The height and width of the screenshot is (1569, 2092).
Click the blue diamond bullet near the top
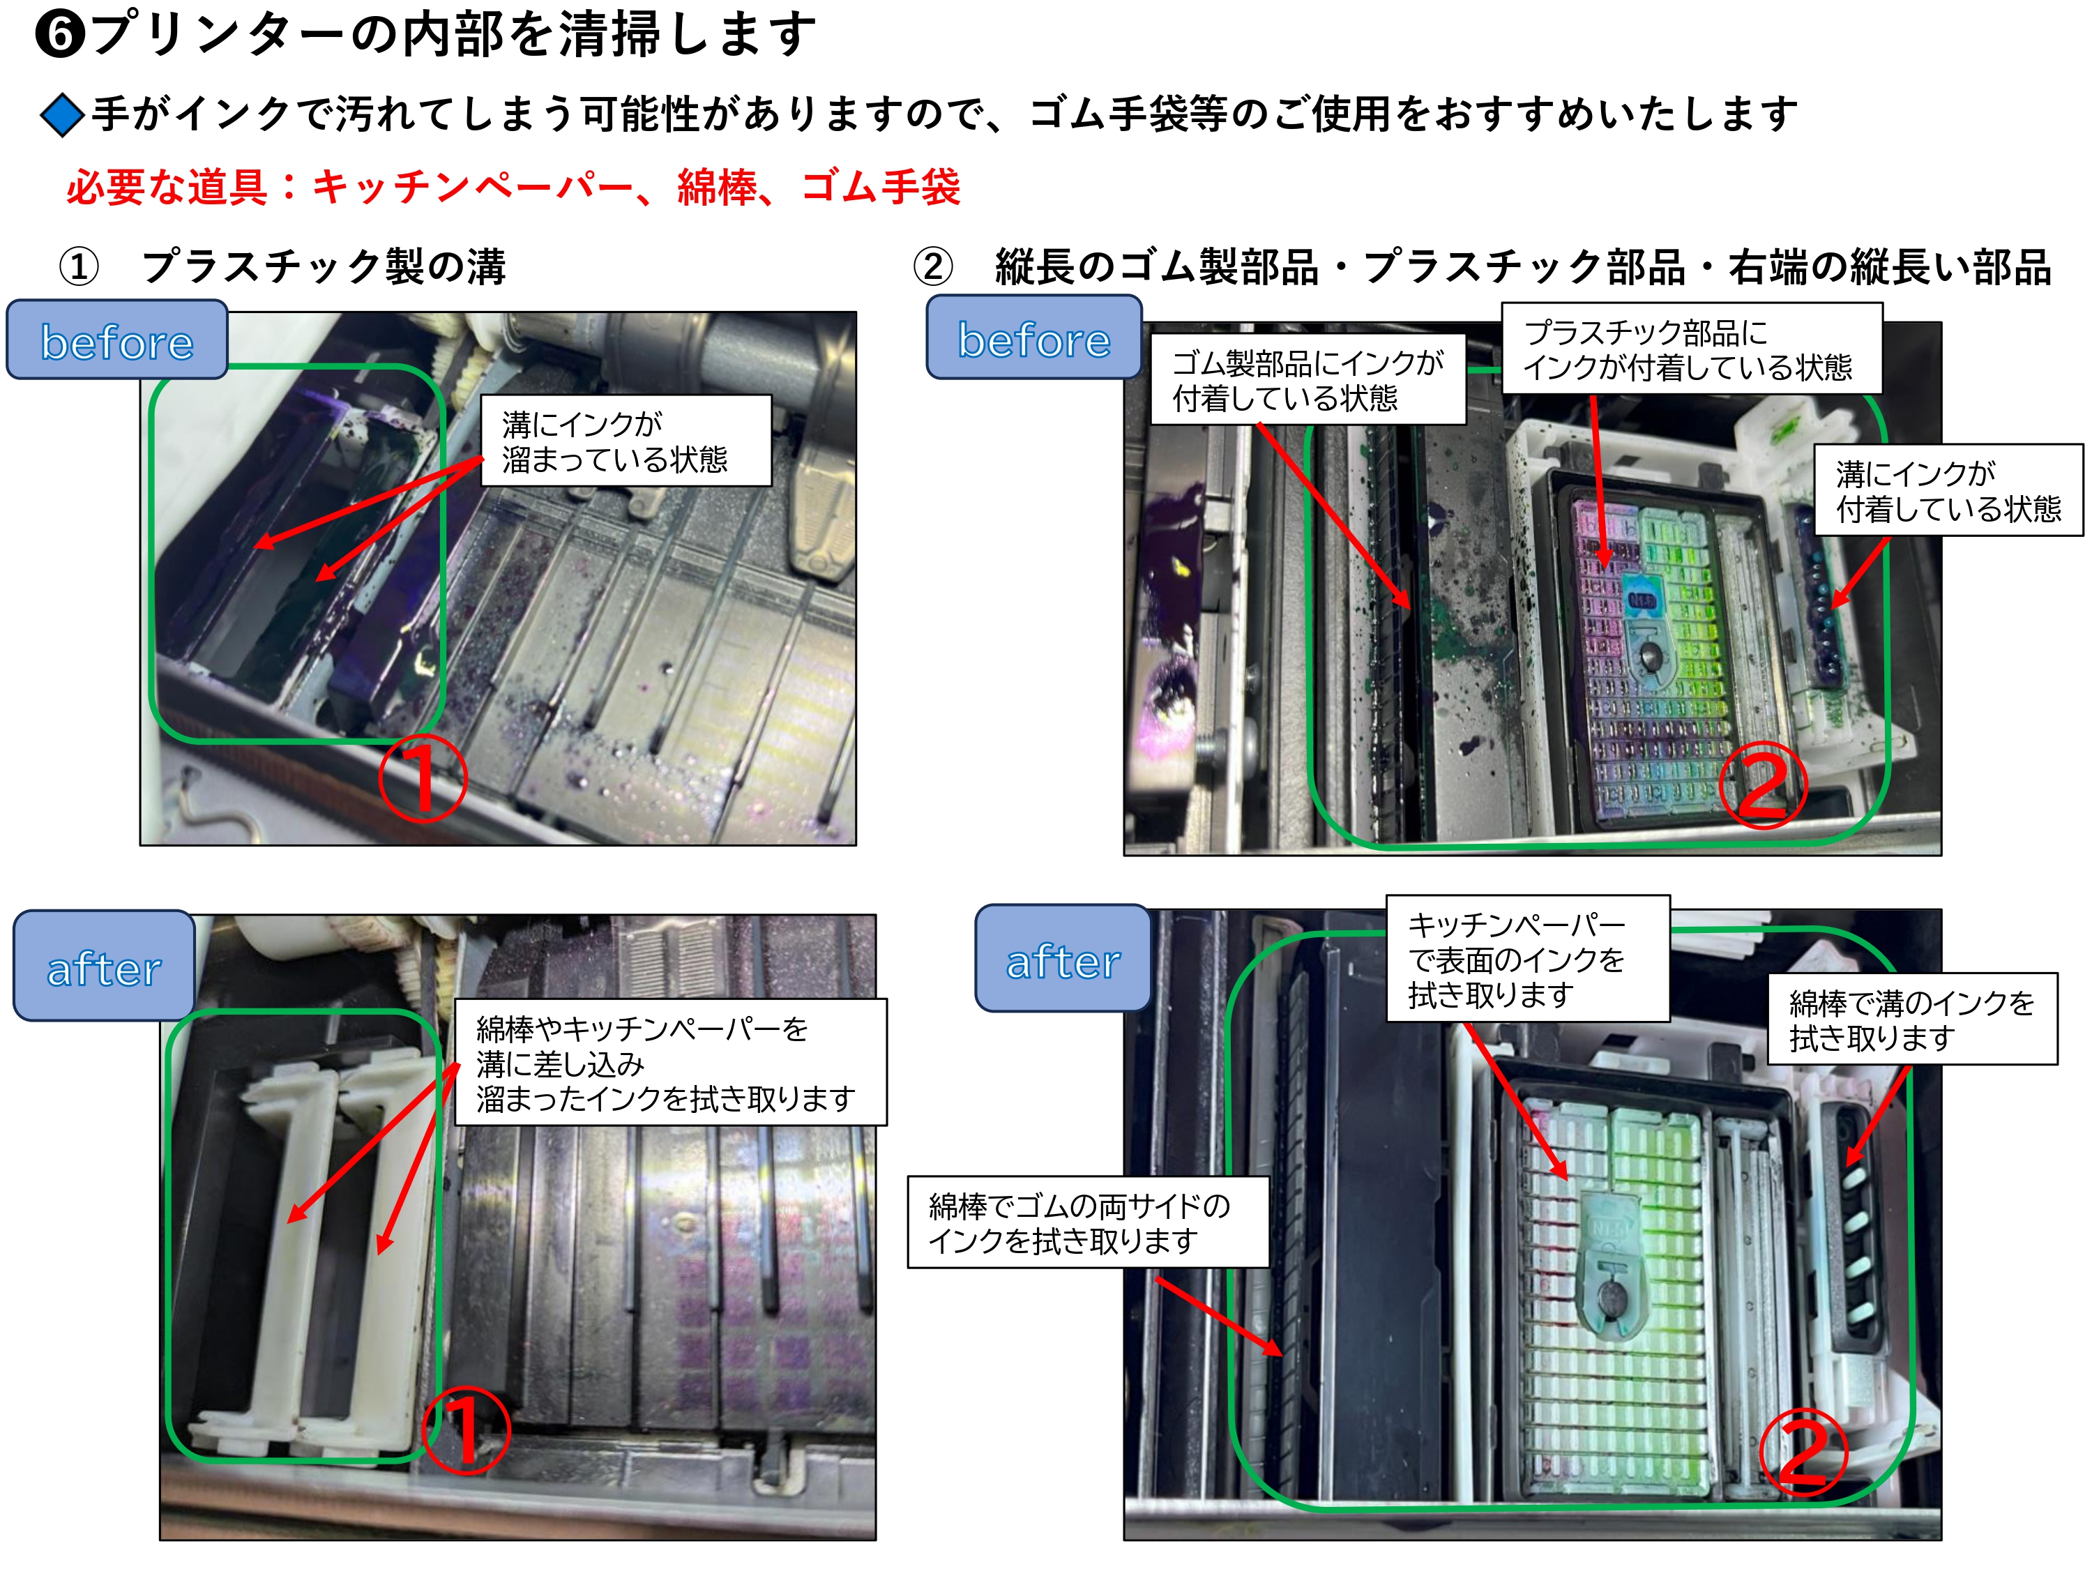click(x=63, y=115)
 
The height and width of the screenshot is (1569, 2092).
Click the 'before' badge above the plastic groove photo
click(x=117, y=340)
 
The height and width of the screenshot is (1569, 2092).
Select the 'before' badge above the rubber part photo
click(x=1033, y=338)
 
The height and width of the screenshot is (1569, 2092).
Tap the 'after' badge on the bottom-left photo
click(x=104, y=967)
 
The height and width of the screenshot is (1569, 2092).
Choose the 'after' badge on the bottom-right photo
click(x=1063, y=959)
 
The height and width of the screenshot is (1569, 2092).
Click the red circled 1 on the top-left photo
click(x=423, y=778)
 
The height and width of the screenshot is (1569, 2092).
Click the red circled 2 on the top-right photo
click(x=1763, y=786)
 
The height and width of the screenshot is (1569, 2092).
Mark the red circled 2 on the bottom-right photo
click(x=1803, y=1453)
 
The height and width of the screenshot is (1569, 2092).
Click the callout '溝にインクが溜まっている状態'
click(x=626, y=441)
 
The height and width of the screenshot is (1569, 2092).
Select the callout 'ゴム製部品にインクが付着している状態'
click(x=1307, y=379)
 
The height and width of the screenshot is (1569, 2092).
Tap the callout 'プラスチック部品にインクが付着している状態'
click(x=1692, y=349)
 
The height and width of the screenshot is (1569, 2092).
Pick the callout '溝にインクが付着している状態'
click(x=1948, y=490)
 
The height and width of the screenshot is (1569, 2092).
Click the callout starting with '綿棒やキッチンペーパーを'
click(x=671, y=1062)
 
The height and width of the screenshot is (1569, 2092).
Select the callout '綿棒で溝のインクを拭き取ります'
click(x=1912, y=1019)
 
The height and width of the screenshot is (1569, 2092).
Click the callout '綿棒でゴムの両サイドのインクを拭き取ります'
click(x=1088, y=1222)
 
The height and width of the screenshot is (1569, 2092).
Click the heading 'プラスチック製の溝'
click(x=324, y=266)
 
